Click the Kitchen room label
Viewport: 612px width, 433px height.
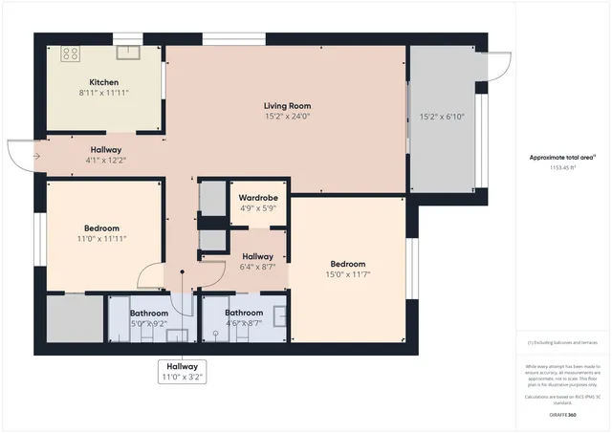tap(103, 82)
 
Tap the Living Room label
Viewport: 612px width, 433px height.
tap(288, 105)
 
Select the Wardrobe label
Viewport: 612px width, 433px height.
tap(256, 198)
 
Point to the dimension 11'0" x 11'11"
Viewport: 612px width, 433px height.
tap(100, 238)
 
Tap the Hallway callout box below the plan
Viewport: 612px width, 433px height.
tap(182, 372)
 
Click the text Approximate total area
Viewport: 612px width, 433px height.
tap(562, 157)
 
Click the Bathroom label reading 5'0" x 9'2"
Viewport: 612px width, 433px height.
tap(149, 318)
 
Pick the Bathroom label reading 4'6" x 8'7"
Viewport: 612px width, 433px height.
tap(244, 318)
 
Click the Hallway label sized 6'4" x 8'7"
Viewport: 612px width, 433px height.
tap(257, 261)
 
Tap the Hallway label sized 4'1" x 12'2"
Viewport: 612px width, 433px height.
tap(106, 155)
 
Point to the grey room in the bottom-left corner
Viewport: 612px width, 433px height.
tap(74, 318)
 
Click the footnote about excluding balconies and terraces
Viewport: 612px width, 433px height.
tap(562, 341)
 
